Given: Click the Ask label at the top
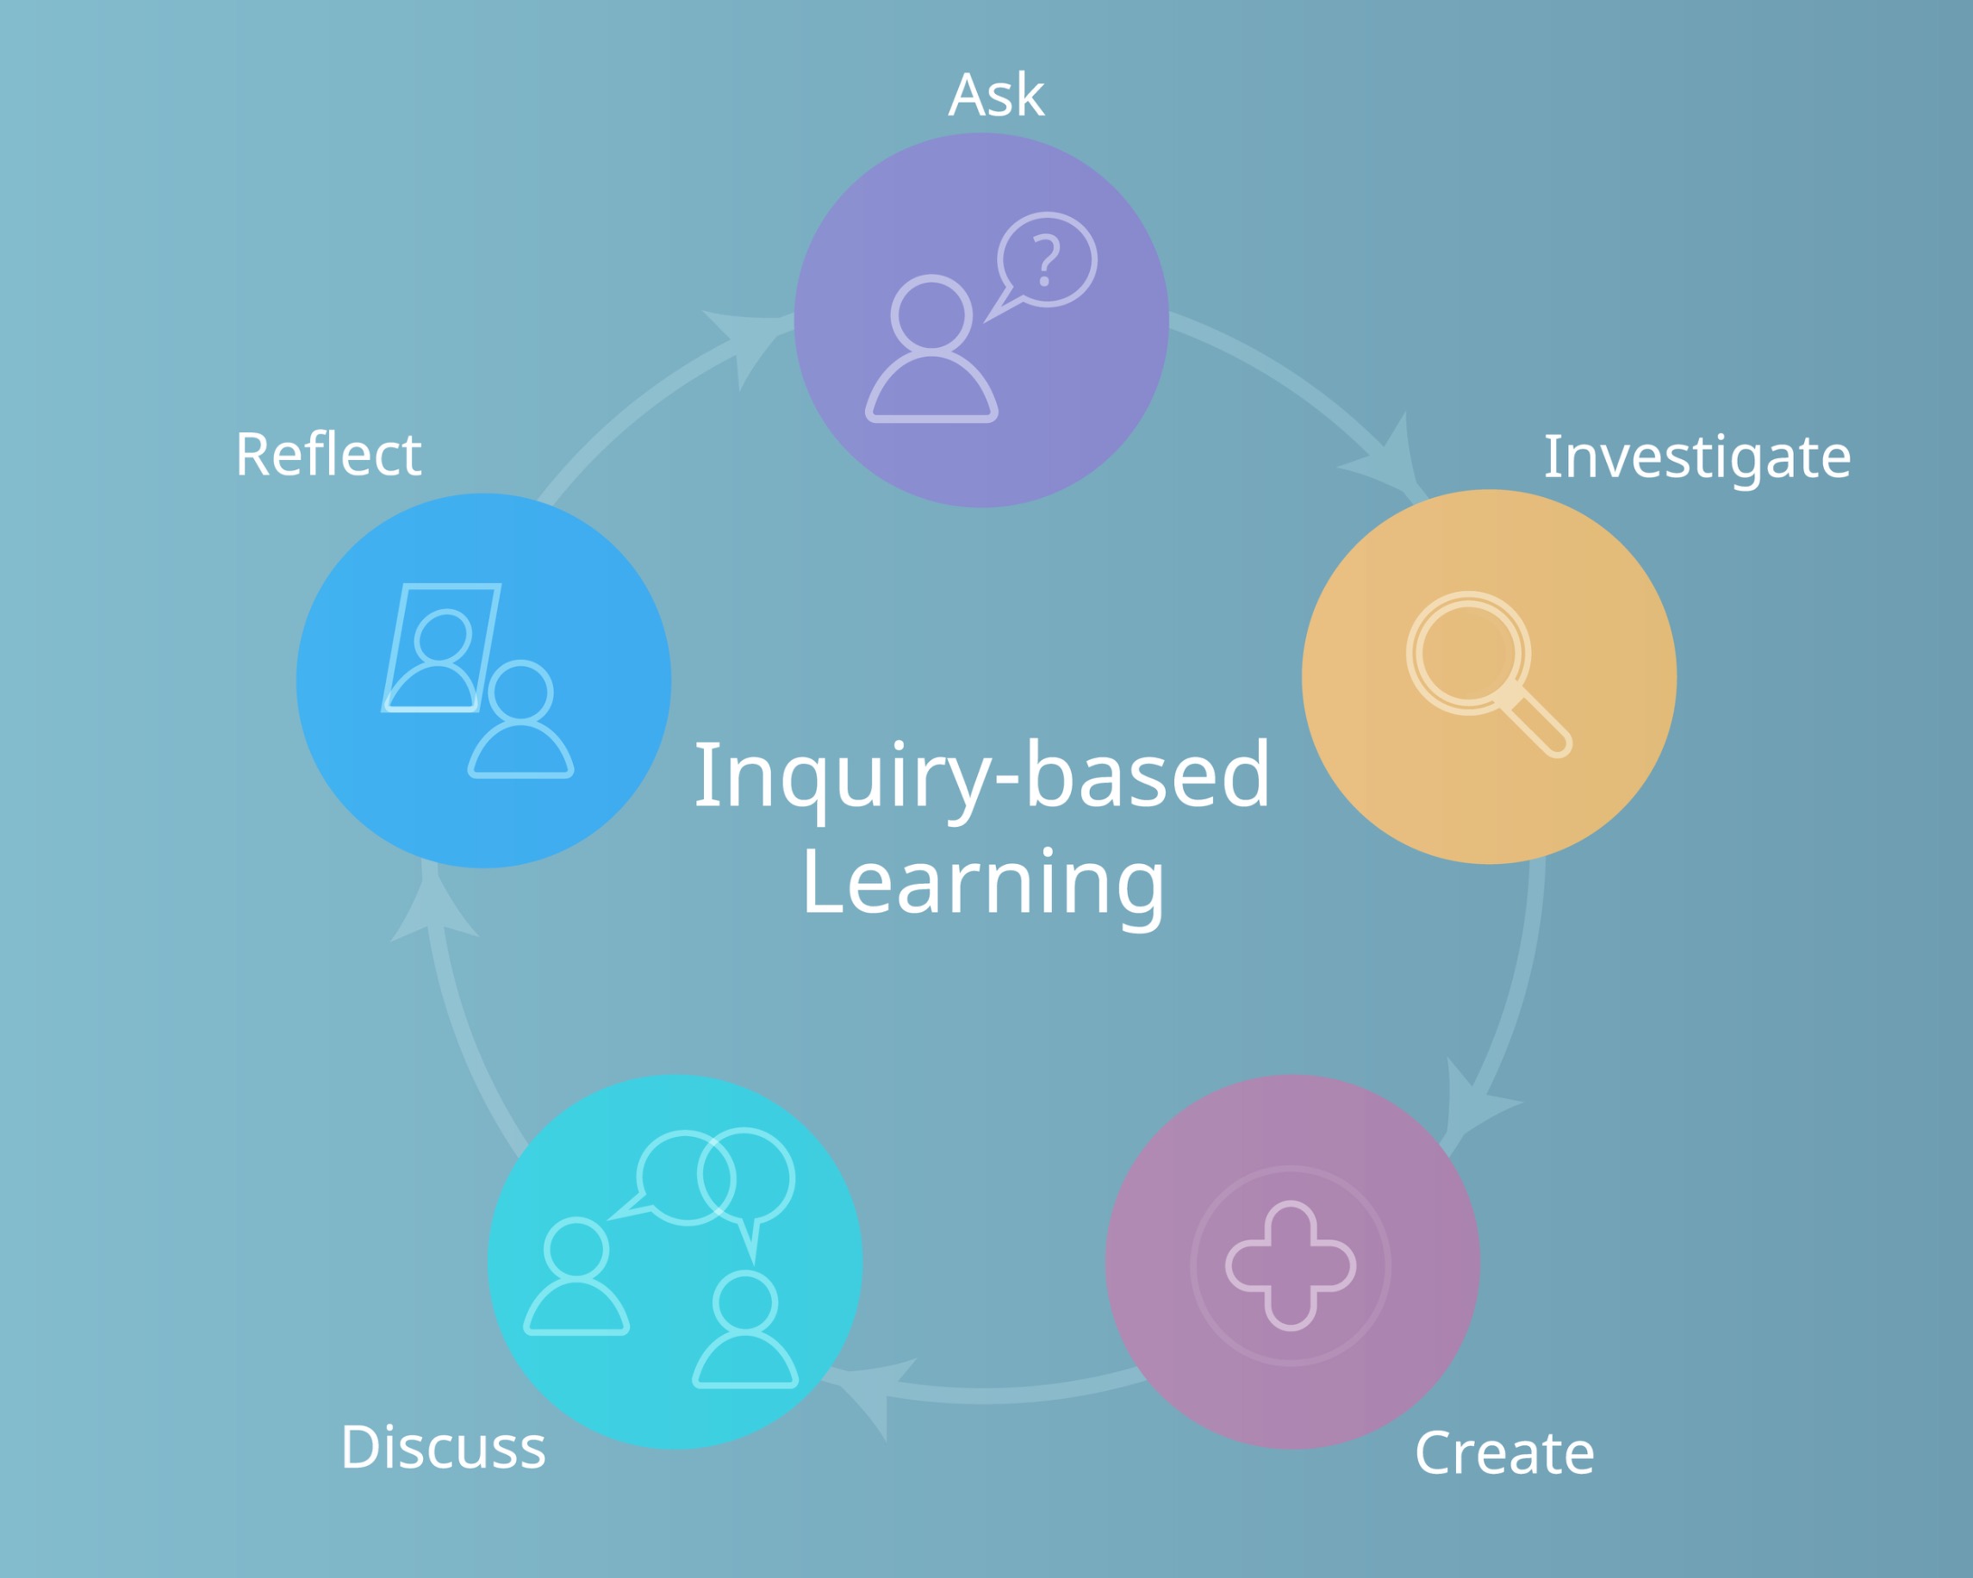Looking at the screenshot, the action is coord(996,94).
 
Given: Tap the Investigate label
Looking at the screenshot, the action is coord(1697,457).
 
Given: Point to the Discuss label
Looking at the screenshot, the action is coord(444,1447).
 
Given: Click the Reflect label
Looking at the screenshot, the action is coord(328,454).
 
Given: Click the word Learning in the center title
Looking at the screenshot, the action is coord(984,885).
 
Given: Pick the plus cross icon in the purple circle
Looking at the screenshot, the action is coord(1291,1265).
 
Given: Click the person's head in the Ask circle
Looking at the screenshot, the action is coord(930,314).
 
